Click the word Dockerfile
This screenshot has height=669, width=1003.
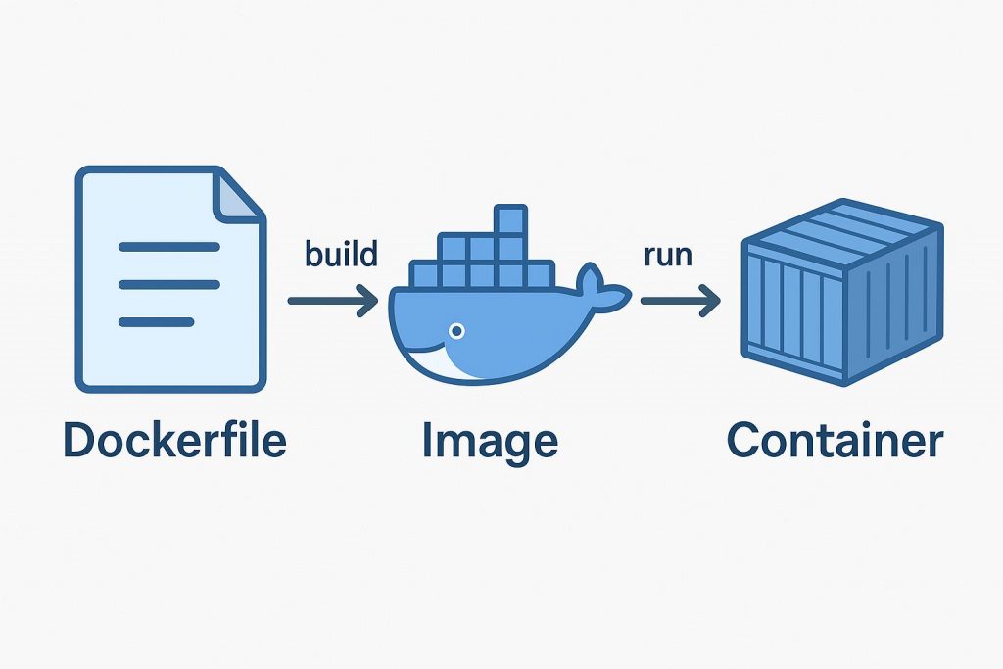click(x=174, y=440)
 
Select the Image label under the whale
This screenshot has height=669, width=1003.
click(x=490, y=442)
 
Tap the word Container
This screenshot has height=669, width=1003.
click(x=835, y=440)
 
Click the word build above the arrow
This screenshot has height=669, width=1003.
click(x=341, y=255)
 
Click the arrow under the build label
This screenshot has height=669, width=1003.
click(x=333, y=301)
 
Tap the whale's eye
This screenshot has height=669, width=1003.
click(x=456, y=331)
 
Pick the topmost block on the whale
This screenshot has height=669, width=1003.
click(x=509, y=218)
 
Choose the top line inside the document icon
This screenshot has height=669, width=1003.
click(x=168, y=247)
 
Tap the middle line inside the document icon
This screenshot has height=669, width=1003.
click(x=168, y=284)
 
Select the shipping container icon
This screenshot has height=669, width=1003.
click(x=840, y=294)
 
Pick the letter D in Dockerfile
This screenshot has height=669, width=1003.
click(x=81, y=440)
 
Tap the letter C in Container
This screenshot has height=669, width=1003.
click(x=746, y=440)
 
